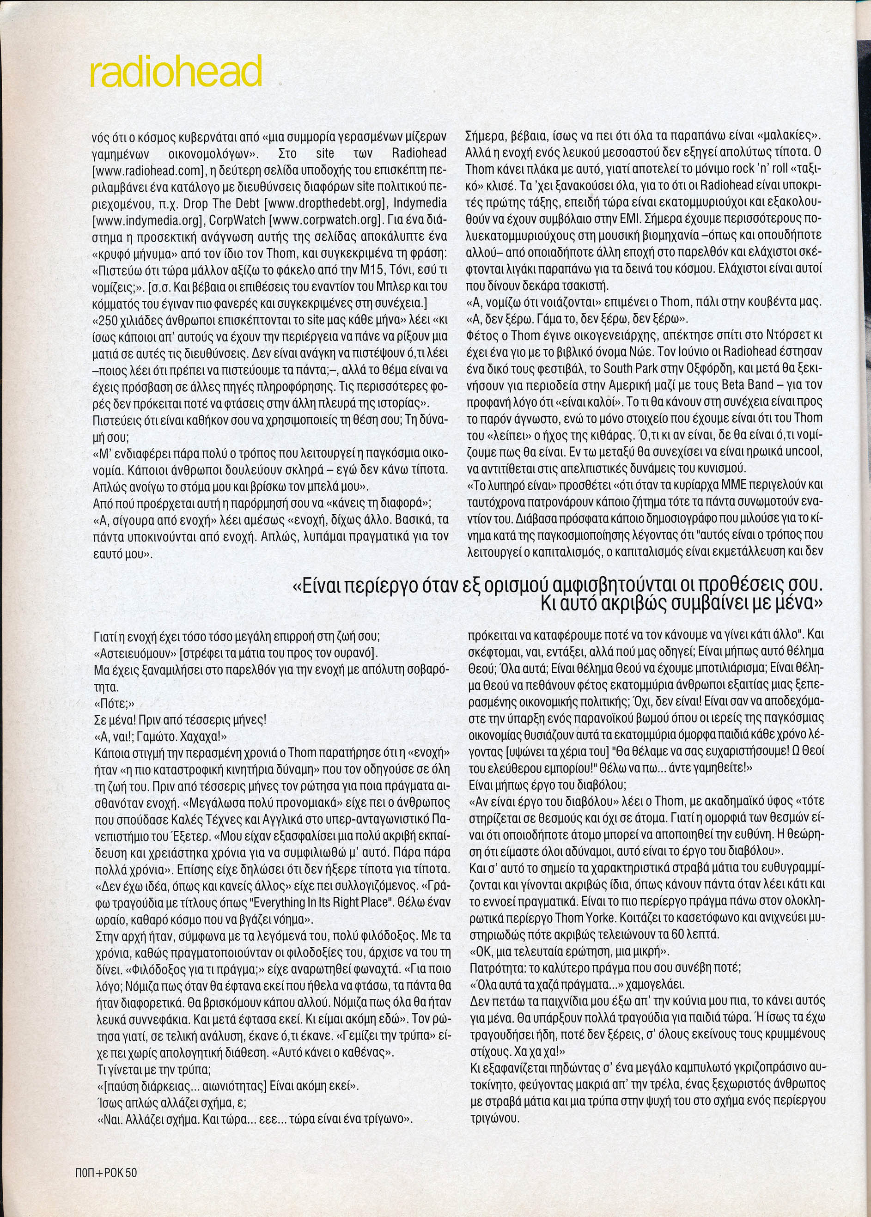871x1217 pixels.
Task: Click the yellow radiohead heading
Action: [x=176, y=71]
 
